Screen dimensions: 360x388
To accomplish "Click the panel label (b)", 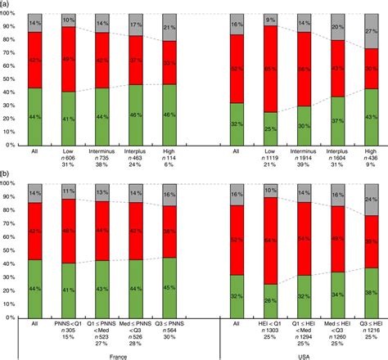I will click(x=6, y=174).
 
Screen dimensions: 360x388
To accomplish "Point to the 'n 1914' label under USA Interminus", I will click(x=301, y=157).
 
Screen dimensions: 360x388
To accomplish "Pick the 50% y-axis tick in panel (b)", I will click(x=11, y=251).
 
